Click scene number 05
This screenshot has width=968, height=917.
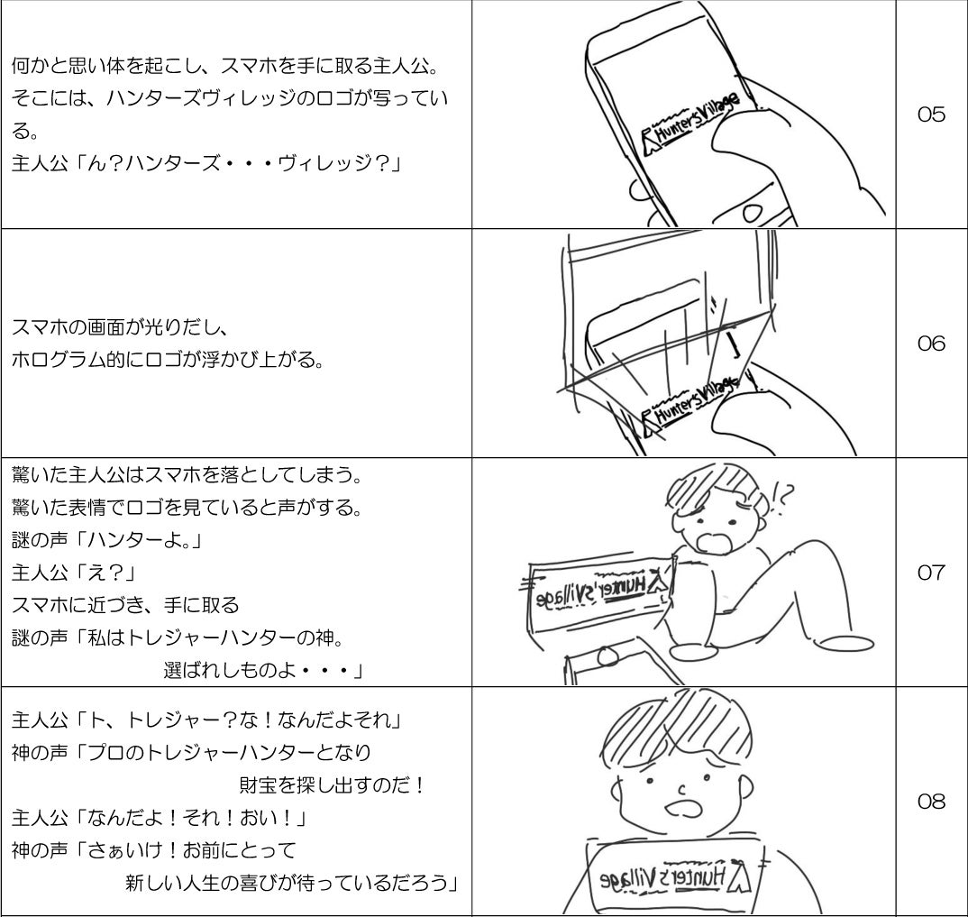pos(931,115)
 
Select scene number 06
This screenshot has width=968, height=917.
pos(931,344)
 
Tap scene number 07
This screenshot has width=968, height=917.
pos(931,573)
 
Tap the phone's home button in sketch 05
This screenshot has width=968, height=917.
pos(751,214)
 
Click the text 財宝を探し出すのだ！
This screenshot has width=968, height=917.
pos(331,785)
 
